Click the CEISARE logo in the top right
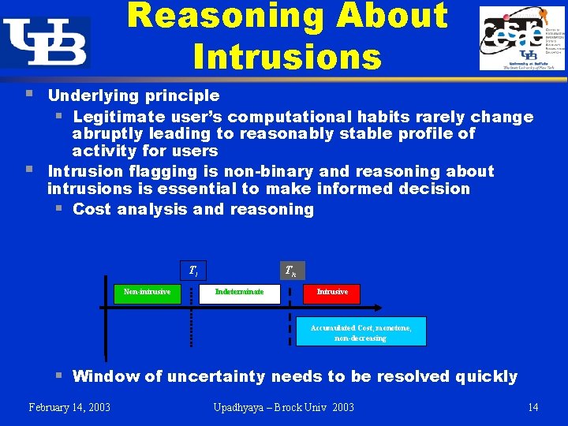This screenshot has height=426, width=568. coord(521,39)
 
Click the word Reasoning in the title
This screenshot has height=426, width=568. coord(217,16)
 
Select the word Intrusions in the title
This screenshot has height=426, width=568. coord(287,56)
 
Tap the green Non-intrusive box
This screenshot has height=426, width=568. coord(147,293)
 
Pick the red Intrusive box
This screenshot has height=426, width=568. coord(332,293)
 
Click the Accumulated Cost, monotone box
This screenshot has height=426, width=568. coord(361,332)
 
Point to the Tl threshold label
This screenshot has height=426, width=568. coord(192,271)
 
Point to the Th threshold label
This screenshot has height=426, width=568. coord(291,271)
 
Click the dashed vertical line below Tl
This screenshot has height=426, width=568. coord(191,323)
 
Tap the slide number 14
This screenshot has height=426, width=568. coord(533,407)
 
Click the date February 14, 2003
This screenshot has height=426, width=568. coord(69,407)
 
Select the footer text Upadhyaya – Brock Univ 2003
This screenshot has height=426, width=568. coord(284,407)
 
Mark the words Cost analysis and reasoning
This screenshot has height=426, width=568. coord(193,209)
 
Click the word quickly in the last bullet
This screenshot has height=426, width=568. coord(486,376)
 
